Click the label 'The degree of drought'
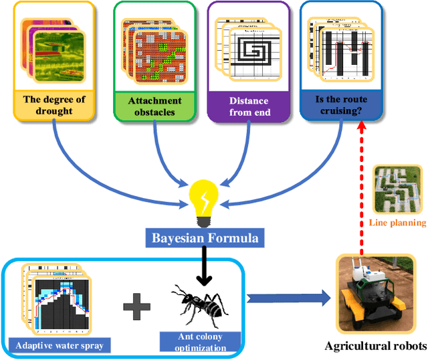pos(55,105)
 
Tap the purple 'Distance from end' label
pos(249,106)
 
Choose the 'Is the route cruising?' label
pos(342,105)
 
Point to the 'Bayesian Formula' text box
pos(203,238)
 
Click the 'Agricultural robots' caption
pos(375,346)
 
